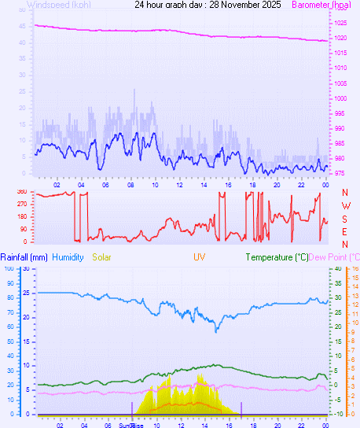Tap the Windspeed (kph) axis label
(58, 5)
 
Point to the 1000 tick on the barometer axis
(340, 98)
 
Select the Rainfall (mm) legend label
(24, 257)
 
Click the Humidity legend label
(68, 257)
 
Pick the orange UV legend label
(200, 257)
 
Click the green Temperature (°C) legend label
(276, 257)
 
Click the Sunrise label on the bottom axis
(130, 424)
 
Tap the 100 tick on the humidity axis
(9, 268)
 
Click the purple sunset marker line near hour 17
(241, 408)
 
